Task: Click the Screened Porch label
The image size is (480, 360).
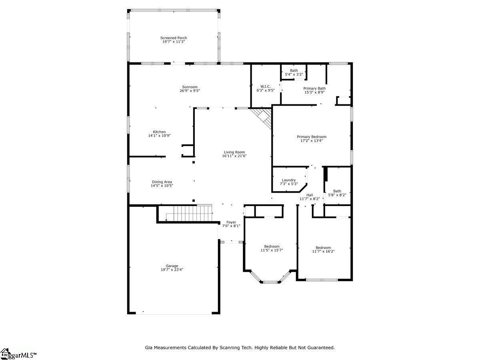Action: [x=174, y=38]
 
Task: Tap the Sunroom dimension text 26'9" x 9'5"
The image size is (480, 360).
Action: [x=190, y=91]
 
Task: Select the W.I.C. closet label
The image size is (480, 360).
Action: [x=266, y=86]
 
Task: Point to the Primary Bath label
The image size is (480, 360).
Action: [x=314, y=88]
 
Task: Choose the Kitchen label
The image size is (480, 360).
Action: [x=159, y=132]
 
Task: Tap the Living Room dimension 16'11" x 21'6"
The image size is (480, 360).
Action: [x=234, y=156]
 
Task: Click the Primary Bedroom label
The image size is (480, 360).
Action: [x=311, y=137]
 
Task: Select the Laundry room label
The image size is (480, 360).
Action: [x=289, y=180]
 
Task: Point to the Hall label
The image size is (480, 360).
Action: [x=310, y=195]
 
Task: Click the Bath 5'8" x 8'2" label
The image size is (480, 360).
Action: [x=337, y=193]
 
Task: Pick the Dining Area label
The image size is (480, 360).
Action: [x=162, y=182]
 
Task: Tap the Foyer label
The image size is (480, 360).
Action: [x=231, y=222]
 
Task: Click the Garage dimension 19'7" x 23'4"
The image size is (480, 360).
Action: [x=172, y=270]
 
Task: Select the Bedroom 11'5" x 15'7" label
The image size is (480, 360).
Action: [x=272, y=248]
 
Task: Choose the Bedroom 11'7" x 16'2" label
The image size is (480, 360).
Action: [x=323, y=249]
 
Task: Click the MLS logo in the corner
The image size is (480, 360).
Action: [x=18, y=354]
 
